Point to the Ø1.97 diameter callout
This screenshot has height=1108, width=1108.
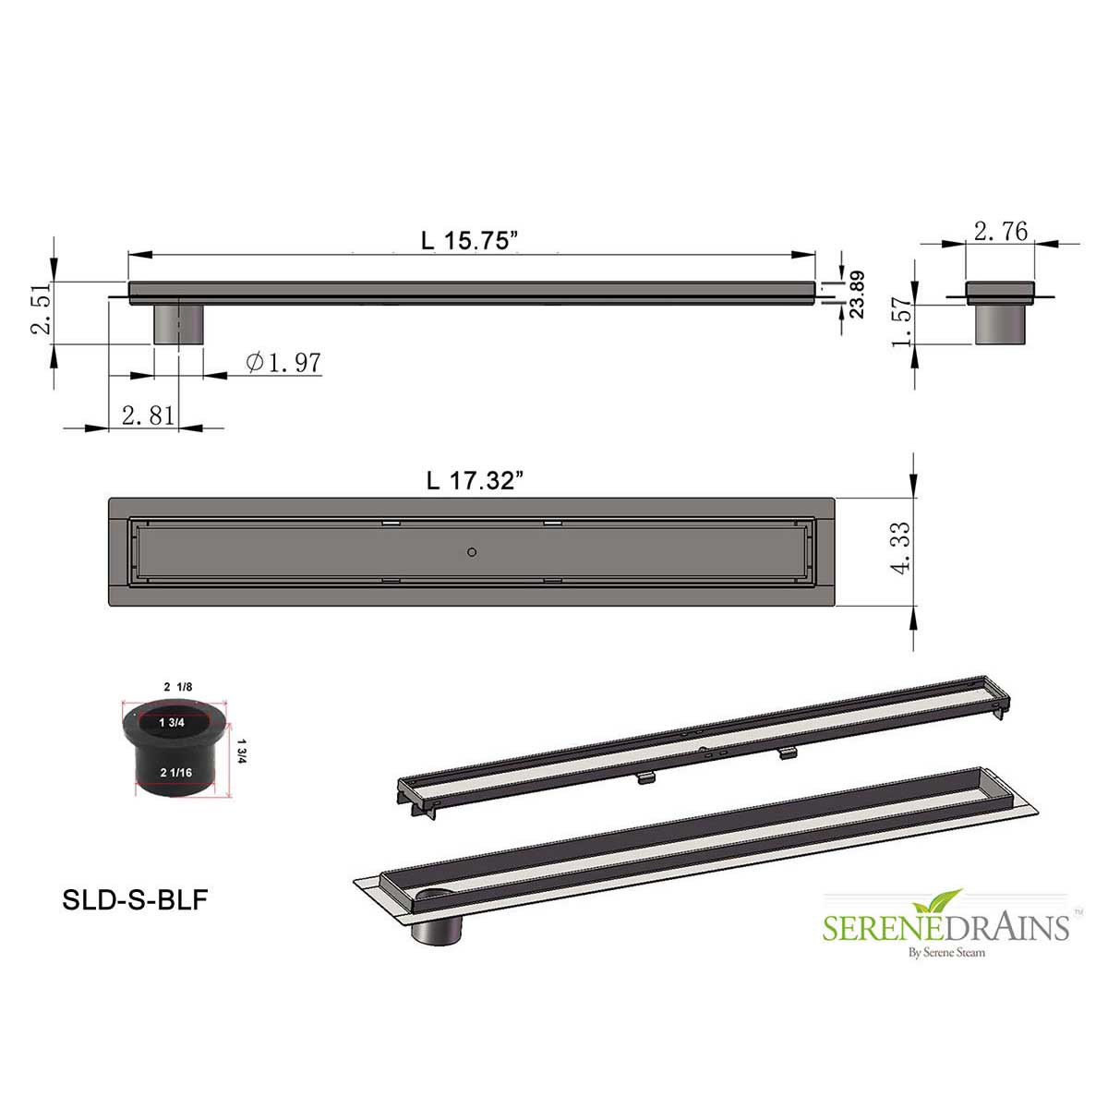pyautogui.click(x=284, y=363)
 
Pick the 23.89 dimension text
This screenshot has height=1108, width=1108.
pyautogui.click(x=857, y=294)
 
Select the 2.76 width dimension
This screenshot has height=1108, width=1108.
pyautogui.click(x=1001, y=231)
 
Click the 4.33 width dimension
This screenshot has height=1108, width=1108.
pyautogui.click(x=902, y=549)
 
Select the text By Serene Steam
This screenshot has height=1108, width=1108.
pyautogui.click(x=947, y=952)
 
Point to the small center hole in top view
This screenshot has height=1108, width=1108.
pyautogui.click(x=472, y=552)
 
